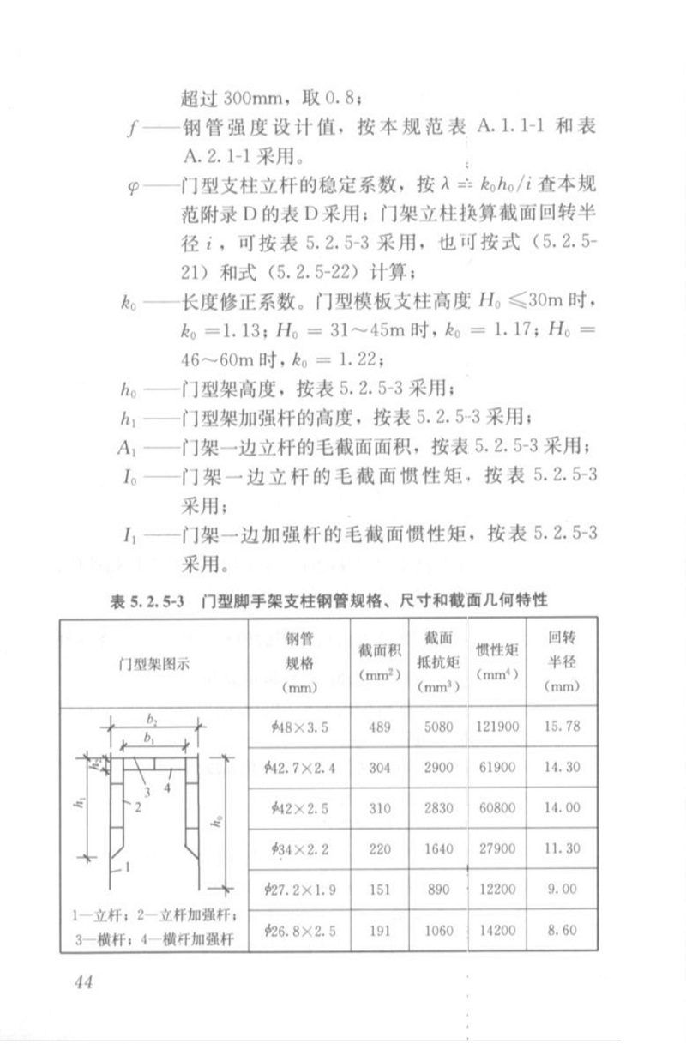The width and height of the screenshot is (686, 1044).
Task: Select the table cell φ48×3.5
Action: pos(298,727)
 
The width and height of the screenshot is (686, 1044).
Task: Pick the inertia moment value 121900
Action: pos(497,727)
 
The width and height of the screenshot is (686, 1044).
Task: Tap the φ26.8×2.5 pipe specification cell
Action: pos(298,930)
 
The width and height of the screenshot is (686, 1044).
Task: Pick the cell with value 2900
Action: pos(437,768)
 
